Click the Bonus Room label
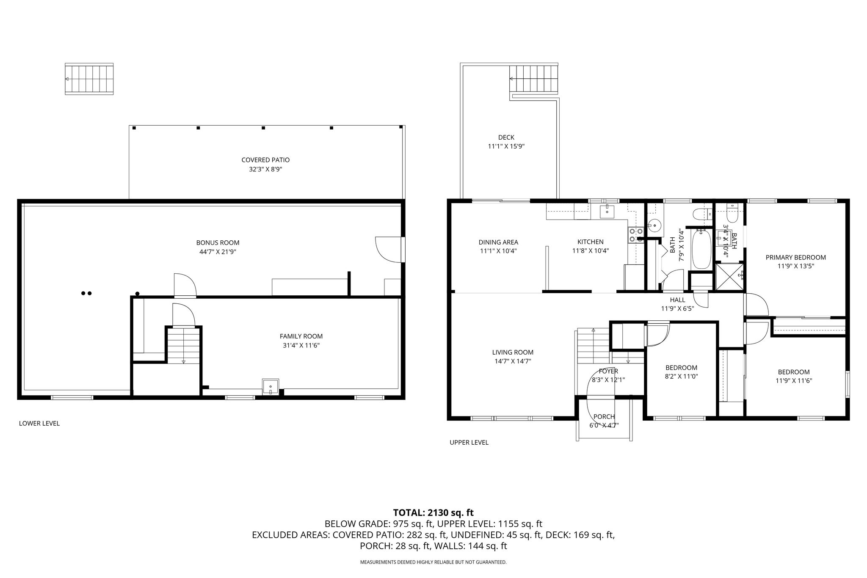(218, 243)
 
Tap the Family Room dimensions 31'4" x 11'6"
(301, 345)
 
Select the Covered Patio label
(265, 160)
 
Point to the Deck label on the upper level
(506, 138)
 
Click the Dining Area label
(498, 242)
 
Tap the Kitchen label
(591, 242)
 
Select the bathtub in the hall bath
(701, 248)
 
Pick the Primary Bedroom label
(796, 257)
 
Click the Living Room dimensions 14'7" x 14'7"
(513, 361)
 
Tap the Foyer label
(608, 372)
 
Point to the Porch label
(604, 417)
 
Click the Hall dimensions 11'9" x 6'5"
(677, 309)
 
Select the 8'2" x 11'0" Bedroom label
(681, 368)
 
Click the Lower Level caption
(39, 424)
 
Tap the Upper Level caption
(469, 443)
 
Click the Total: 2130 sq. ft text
(433, 513)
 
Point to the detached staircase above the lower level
(89, 79)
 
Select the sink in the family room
(270, 386)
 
